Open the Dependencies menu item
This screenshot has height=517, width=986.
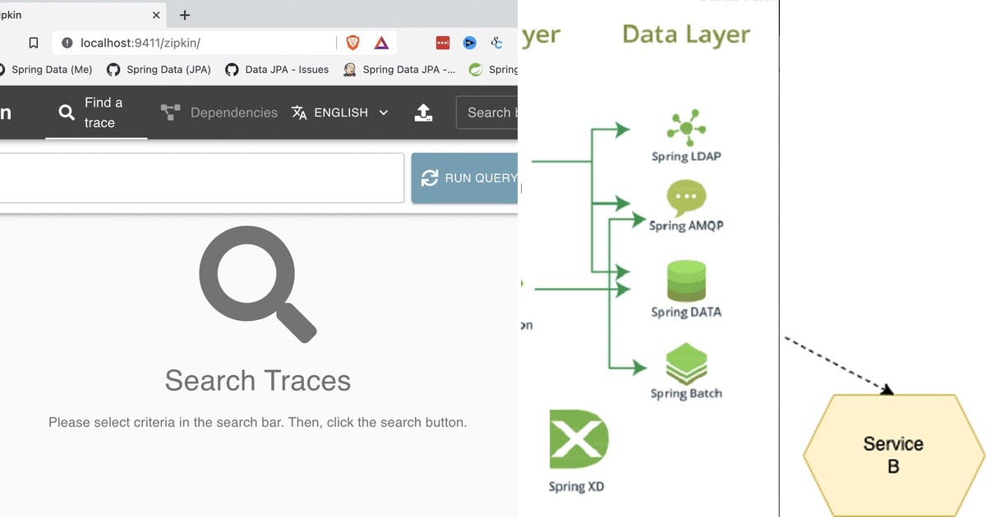point(219,112)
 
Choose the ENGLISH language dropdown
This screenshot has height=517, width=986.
point(340,112)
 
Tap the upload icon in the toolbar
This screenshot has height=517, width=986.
point(423,112)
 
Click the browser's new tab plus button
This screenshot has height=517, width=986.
point(185,15)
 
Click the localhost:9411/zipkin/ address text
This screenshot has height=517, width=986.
point(140,43)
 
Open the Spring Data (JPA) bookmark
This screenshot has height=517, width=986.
point(159,70)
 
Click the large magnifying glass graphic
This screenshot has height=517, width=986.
point(256,284)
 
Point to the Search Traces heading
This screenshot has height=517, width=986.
point(257,381)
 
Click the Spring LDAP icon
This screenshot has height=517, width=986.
point(685,127)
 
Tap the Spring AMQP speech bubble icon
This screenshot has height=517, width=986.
point(686,198)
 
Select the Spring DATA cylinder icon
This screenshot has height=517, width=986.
point(686,281)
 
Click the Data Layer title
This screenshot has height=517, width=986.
point(686,34)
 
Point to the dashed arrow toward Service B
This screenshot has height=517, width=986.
point(838,365)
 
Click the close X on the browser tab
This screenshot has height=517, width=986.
point(156,15)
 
